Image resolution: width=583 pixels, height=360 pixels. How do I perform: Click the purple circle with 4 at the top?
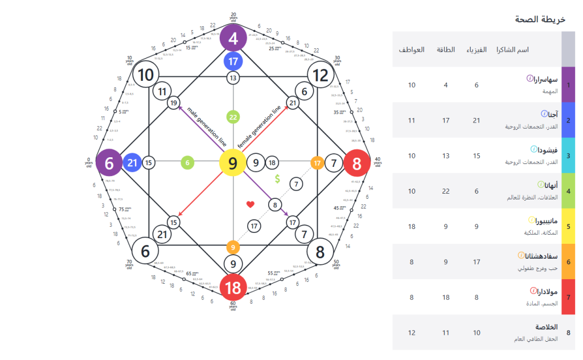point(233,39)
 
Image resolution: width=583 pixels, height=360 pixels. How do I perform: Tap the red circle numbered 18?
point(233,288)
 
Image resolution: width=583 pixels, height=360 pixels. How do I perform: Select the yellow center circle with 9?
point(233,163)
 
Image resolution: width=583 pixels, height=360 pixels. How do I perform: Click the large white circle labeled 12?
point(321,75)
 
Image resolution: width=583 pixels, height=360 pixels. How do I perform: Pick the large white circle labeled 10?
point(146,75)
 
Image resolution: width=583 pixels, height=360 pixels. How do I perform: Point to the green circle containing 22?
point(233,117)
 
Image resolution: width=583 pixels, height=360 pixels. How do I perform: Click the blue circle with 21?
point(132,163)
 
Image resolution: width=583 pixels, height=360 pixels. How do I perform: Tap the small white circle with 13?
point(233,77)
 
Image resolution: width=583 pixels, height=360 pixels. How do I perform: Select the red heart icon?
point(250,204)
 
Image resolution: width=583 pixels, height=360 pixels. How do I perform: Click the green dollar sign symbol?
point(277,179)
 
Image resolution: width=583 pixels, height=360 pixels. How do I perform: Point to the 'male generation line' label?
point(207,126)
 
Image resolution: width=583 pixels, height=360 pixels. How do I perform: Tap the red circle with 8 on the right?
point(357,163)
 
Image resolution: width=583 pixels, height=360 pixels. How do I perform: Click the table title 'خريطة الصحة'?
point(540,19)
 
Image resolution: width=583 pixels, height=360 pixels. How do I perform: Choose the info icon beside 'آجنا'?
point(544,114)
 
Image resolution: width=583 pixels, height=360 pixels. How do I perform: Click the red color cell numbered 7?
point(568,297)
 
